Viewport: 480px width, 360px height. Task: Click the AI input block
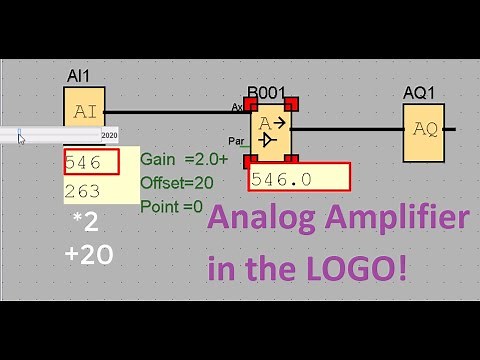click(x=84, y=111)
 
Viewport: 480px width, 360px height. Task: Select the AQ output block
click(x=425, y=129)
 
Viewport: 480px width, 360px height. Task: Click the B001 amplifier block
click(x=270, y=131)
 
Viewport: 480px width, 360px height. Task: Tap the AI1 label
click(x=80, y=77)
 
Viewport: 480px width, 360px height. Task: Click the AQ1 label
click(x=420, y=92)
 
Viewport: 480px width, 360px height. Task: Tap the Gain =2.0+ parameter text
click(x=184, y=159)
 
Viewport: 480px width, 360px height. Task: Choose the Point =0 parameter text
click(x=172, y=207)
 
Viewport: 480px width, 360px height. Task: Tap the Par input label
click(x=236, y=141)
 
